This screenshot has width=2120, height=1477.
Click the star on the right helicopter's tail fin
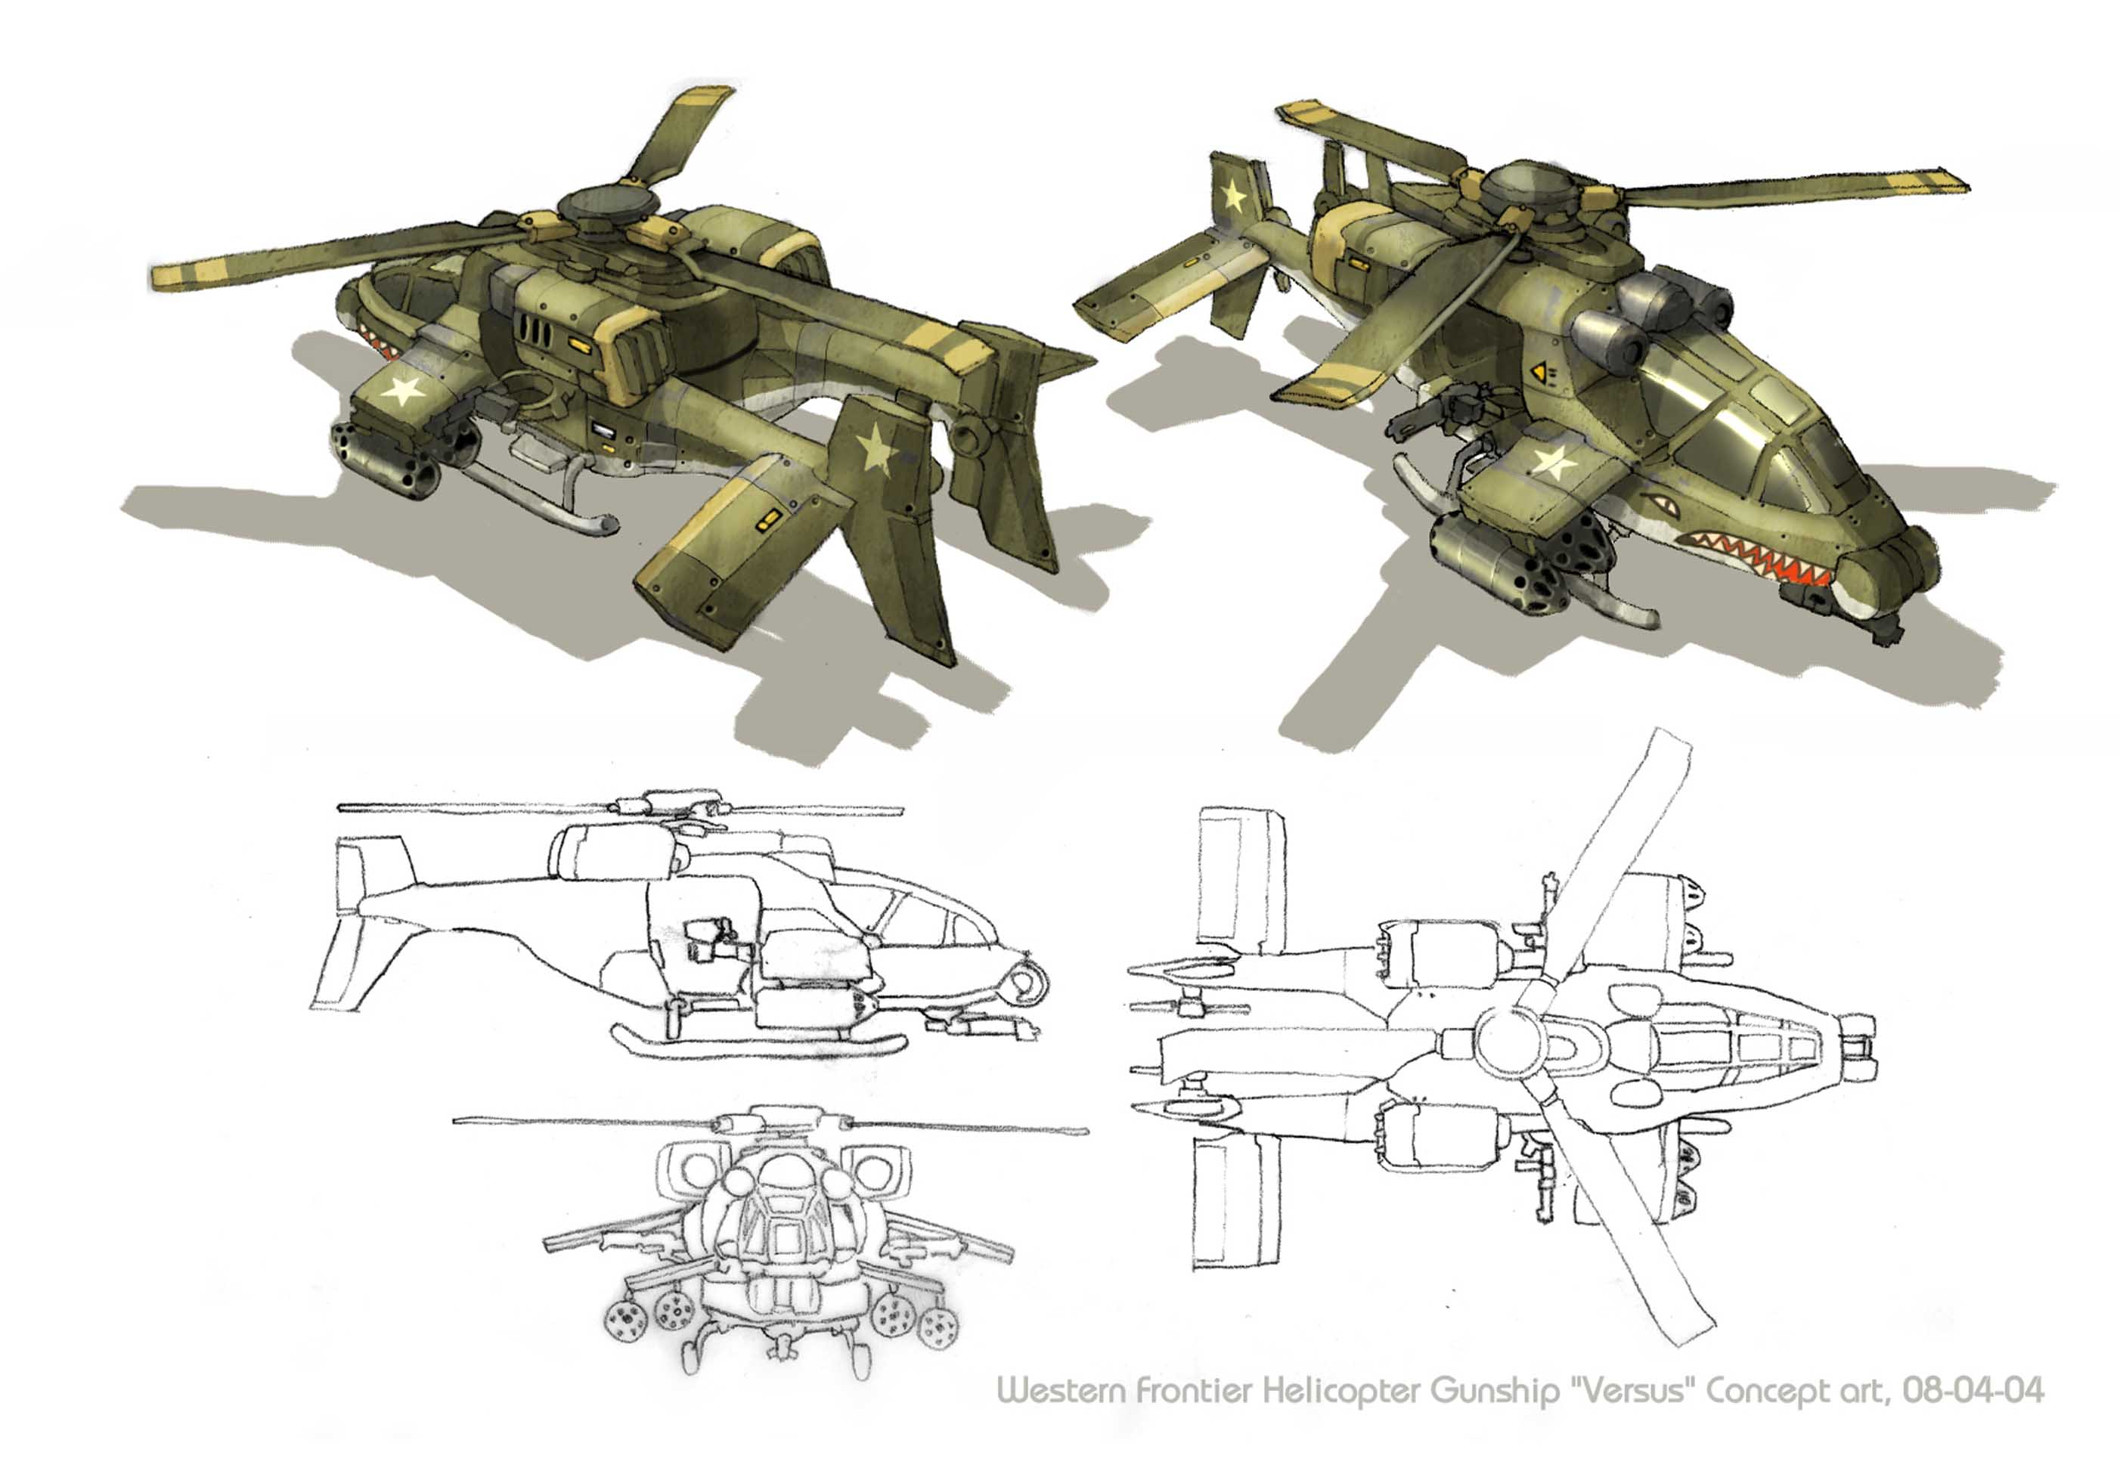(1232, 196)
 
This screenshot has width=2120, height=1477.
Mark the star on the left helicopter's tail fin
(876, 449)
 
